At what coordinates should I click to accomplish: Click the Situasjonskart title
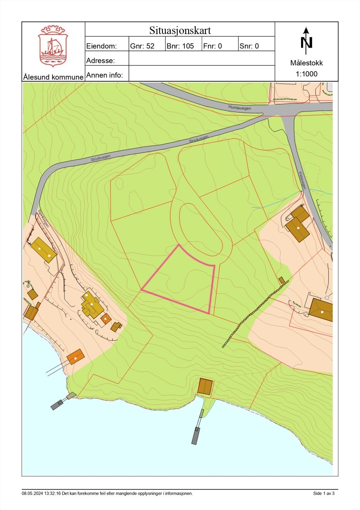coord(180,31)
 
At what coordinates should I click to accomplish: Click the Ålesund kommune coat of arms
coord(53,46)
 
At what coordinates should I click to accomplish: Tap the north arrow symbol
coord(306,41)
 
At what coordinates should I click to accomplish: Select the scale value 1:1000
coord(306,74)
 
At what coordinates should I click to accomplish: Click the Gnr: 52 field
coord(142,46)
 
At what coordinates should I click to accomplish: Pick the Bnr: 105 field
coord(180,46)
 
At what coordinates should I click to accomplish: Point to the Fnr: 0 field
coord(212,46)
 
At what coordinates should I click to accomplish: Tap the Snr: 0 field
coord(249,46)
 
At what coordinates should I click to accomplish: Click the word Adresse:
coord(100,61)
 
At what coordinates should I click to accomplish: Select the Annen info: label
coord(104,75)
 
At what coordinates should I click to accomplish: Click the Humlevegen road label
coord(240,108)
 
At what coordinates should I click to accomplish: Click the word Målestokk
coord(306,63)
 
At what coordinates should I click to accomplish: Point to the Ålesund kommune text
coord(53,77)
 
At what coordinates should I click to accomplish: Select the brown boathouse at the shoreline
coord(205,386)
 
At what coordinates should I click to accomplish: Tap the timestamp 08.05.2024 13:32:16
coord(41,493)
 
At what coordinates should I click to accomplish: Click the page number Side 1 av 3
coord(324,493)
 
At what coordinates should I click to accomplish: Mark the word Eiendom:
coord(102,46)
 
